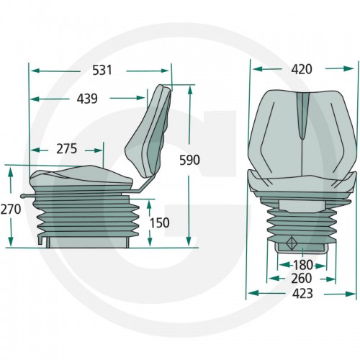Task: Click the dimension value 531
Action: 102,70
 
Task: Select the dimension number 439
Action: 87,99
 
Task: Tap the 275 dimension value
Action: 67,148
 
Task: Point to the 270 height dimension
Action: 11,209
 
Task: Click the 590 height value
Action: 189,160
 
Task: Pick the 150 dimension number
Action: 160,222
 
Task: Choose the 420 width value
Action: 302,69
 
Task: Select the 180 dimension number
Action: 303,265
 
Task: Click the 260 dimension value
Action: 302,279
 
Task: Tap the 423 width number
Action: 302,293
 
